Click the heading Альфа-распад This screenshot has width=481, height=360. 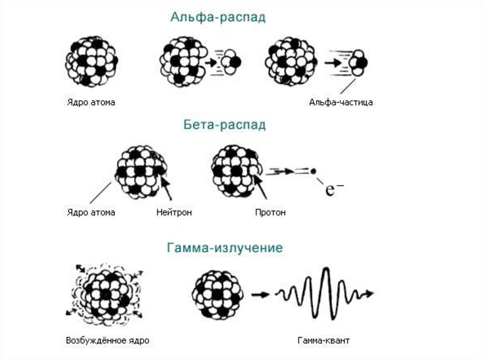tap(218, 18)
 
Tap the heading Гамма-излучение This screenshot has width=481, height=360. tap(225, 248)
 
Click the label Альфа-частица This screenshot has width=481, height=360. tap(341, 102)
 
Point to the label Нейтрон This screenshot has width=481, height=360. tap(174, 213)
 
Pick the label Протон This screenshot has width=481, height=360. tap(270, 213)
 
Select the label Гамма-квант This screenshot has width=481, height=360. tap(323, 340)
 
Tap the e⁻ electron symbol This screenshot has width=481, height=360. tap(332, 190)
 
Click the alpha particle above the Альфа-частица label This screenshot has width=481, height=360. tap(359, 62)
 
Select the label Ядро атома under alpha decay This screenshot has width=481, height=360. tap(90, 102)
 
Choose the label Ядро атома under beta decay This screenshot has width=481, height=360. tap(89, 213)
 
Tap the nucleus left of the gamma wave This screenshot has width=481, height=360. tap(217, 294)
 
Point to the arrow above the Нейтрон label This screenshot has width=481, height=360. tap(166, 187)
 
